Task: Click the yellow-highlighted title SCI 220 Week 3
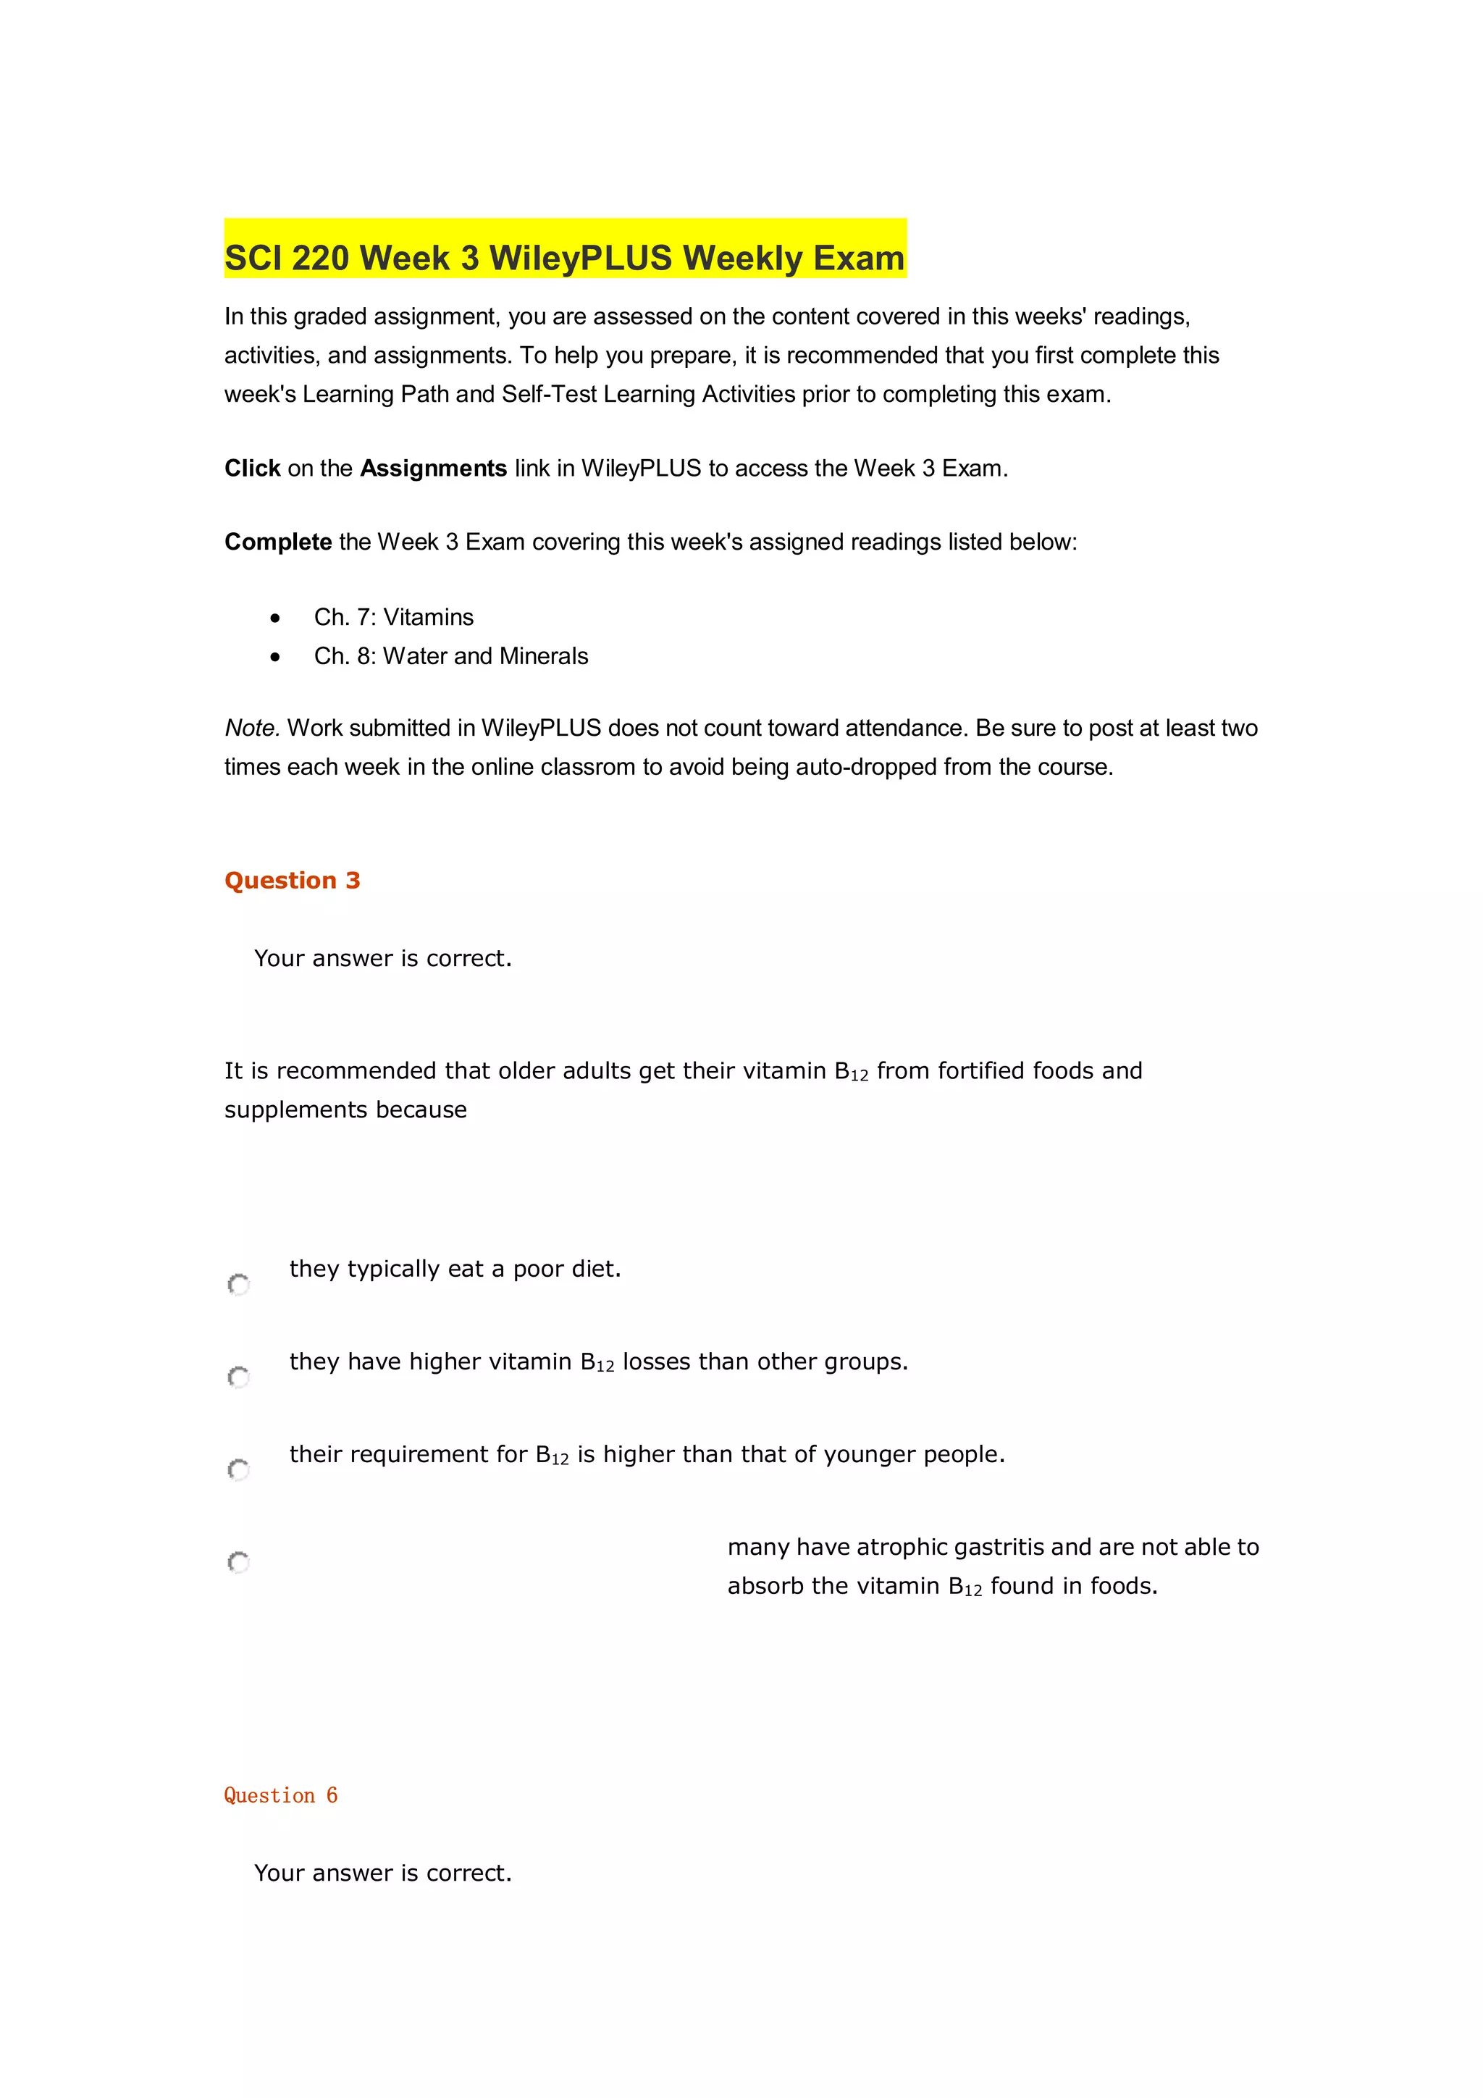(x=564, y=258)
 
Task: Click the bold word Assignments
(x=433, y=469)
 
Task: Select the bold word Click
(x=252, y=469)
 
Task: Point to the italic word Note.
(x=251, y=729)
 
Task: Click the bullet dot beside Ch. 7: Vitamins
(x=275, y=618)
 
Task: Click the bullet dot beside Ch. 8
(x=275, y=657)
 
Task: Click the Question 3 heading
(x=293, y=881)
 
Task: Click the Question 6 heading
(x=280, y=1795)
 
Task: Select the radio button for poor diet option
(x=238, y=1285)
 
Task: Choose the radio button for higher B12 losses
(x=238, y=1377)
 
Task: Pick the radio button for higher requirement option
(x=238, y=1469)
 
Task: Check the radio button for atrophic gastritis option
(x=238, y=1563)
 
